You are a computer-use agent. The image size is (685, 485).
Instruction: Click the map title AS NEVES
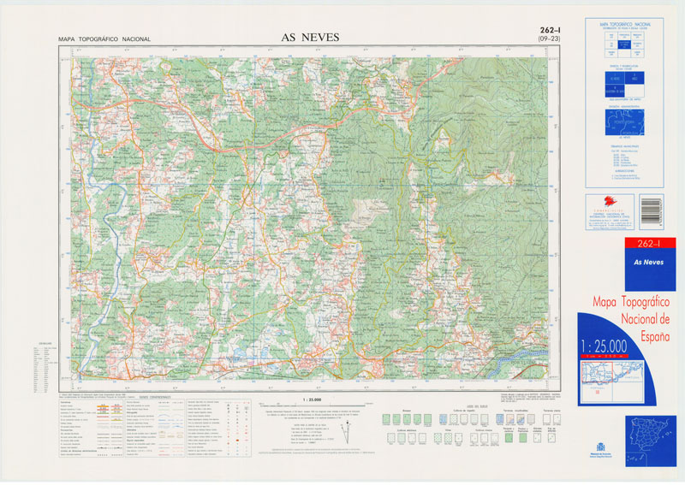[x=310, y=37]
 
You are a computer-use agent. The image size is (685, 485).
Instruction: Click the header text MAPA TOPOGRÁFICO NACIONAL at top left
[x=104, y=39]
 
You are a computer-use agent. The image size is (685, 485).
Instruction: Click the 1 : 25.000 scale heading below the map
[x=312, y=399]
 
